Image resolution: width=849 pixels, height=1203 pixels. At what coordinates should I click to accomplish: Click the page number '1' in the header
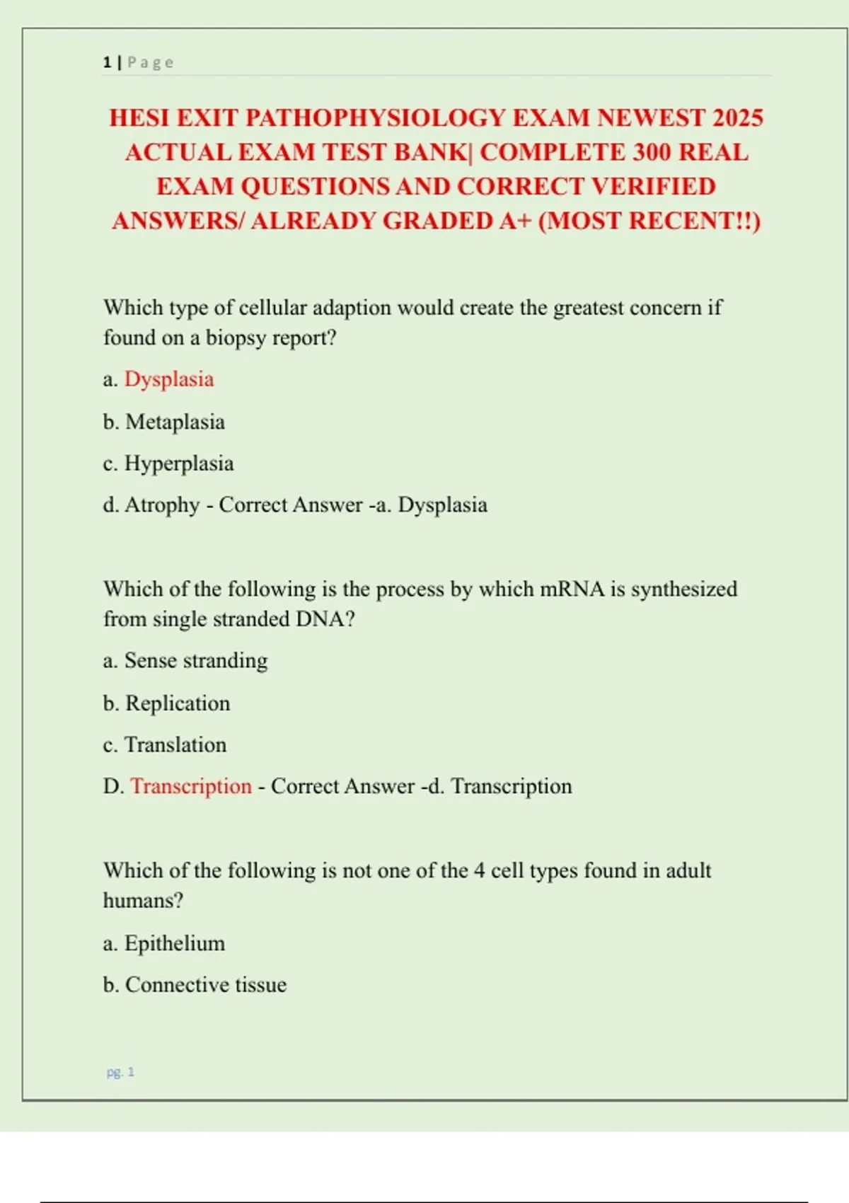(x=107, y=62)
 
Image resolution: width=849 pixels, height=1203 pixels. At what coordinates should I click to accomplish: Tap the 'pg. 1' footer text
(x=120, y=1072)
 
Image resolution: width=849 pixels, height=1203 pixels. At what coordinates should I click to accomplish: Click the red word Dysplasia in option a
(x=169, y=379)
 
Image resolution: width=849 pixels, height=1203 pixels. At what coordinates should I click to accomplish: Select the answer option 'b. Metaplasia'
(x=163, y=422)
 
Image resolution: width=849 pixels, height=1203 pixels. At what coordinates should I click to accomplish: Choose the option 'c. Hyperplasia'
(x=168, y=464)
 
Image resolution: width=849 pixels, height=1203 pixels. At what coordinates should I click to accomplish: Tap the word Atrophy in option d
(x=162, y=505)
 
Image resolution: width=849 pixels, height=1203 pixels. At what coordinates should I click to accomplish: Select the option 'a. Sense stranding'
(x=185, y=660)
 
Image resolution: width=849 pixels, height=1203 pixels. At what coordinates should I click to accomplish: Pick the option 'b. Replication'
(x=166, y=703)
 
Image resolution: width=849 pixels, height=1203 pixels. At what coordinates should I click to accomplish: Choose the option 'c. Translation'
(x=165, y=744)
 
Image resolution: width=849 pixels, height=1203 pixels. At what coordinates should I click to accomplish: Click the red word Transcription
(x=191, y=786)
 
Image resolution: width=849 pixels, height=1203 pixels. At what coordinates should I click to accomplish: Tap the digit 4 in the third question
(x=479, y=870)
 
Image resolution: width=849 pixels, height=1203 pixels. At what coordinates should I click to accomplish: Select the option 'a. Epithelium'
(x=164, y=943)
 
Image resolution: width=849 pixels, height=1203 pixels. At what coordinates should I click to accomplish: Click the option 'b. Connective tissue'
(x=195, y=985)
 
